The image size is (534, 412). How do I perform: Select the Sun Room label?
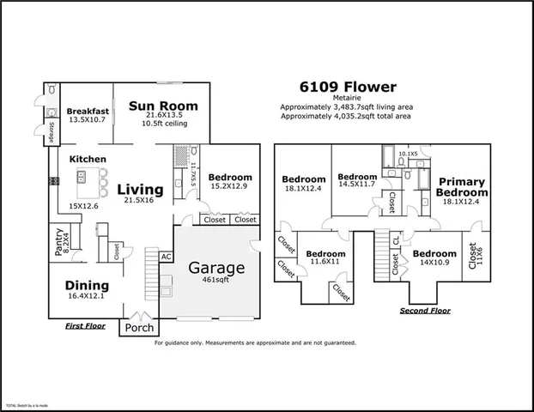[163, 106]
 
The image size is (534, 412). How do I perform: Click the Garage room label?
[217, 268]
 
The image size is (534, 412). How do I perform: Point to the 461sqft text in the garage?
[217, 280]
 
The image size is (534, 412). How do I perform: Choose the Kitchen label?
[88, 159]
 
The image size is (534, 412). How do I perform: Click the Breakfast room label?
[88, 111]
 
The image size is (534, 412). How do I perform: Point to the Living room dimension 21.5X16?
[138, 200]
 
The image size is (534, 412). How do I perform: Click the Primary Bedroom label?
[463, 187]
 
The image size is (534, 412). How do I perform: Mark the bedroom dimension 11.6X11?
[325, 264]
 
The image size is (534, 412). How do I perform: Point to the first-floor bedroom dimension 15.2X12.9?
[228, 184]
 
